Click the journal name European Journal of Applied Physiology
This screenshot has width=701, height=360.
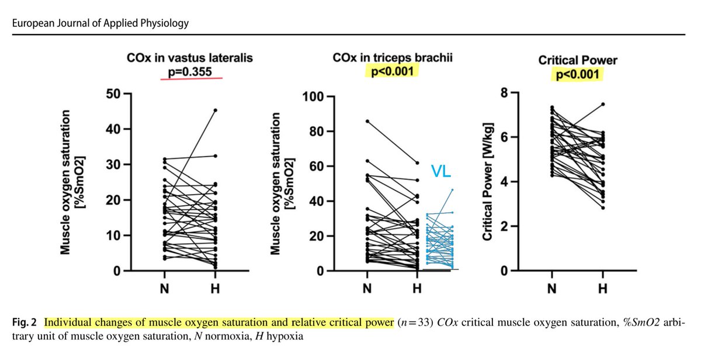coord(97,23)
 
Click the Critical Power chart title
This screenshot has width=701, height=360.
coord(578,61)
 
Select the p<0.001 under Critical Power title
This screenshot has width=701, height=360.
coord(578,75)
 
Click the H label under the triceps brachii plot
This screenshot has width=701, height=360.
coord(417,289)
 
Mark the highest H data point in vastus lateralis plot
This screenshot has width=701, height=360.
coord(216,110)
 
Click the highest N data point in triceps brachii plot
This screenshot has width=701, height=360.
coord(367,121)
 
